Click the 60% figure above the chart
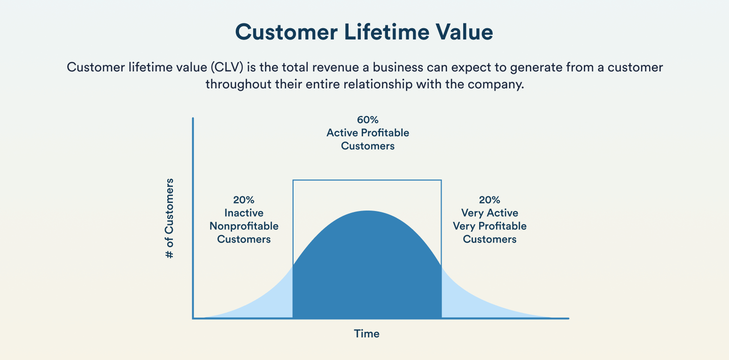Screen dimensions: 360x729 tap(368, 120)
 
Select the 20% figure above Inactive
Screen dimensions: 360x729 tap(244, 200)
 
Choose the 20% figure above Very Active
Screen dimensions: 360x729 tap(489, 200)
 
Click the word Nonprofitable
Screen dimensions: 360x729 tap(244, 227)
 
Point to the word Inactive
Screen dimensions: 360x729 tap(244, 213)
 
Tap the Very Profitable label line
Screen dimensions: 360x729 tap(489, 227)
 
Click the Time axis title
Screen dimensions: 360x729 tap(367, 334)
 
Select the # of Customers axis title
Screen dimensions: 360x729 tap(170, 218)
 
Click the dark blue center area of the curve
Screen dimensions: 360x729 tap(367, 273)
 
